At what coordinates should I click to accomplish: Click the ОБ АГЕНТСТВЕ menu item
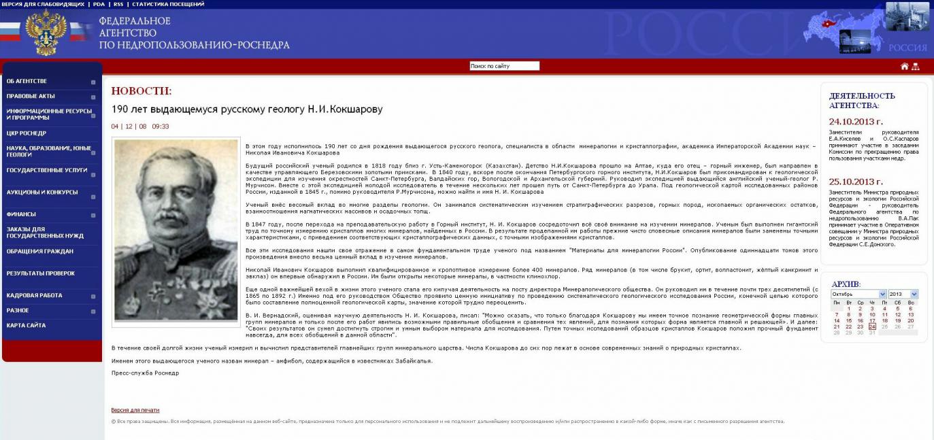point(27,82)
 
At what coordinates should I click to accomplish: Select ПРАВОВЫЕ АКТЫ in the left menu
point(31,97)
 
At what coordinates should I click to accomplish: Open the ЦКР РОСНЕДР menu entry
point(27,133)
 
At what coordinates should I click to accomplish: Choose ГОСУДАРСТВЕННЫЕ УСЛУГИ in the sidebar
point(47,170)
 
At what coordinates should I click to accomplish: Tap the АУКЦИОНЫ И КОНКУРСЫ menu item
point(42,192)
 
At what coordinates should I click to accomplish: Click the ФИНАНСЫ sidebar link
point(21,214)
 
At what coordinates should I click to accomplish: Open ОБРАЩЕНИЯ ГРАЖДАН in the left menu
point(40,252)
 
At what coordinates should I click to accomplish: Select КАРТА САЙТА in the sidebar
point(27,326)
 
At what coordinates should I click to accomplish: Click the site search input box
point(504,66)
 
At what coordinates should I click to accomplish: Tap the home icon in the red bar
point(904,66)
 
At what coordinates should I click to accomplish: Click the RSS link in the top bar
point(118,4)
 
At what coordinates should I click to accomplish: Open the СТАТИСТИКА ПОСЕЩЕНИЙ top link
point(168,4)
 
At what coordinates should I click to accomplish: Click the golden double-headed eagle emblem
point(46,33)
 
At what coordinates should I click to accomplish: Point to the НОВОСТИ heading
point(141,91)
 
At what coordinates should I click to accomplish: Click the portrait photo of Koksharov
point(176,231)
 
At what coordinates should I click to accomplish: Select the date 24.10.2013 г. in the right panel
point(856,122)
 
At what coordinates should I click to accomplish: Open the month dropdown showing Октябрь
point(858,294)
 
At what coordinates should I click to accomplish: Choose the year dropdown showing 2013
point(903,294)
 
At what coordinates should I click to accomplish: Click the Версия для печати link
point(135,410)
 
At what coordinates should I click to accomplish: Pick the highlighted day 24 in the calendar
point(872,326)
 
